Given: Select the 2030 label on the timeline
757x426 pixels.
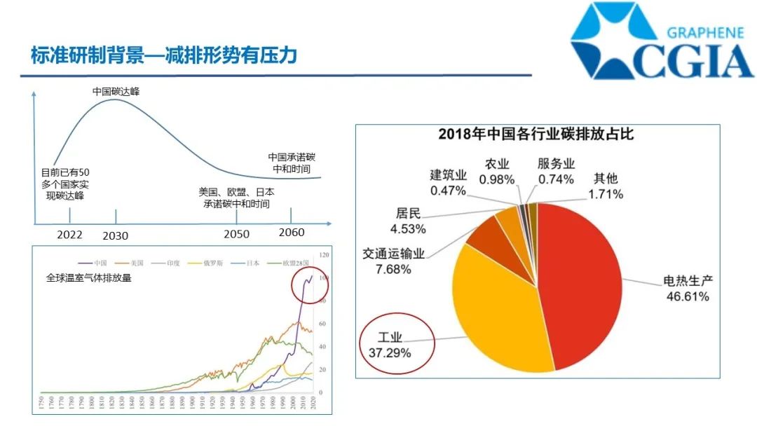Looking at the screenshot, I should click(x=116, y=236).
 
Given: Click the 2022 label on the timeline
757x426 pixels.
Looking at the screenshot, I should click(x=70, y=235).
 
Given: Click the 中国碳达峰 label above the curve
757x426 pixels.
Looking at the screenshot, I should click(x=116, y=91).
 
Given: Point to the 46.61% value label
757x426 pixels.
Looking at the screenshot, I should click(x=687, y=296).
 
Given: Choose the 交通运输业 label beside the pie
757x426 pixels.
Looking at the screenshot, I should click(x=394, y=254).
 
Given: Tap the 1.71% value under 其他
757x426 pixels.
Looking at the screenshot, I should click(x=605, y=194).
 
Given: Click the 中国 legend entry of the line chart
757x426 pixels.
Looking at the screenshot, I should click(x=102, y=263).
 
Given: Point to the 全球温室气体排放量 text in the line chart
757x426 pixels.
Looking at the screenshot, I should click(x=89, y=278).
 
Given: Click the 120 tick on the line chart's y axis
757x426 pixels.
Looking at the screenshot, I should click(x=323, y=255).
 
